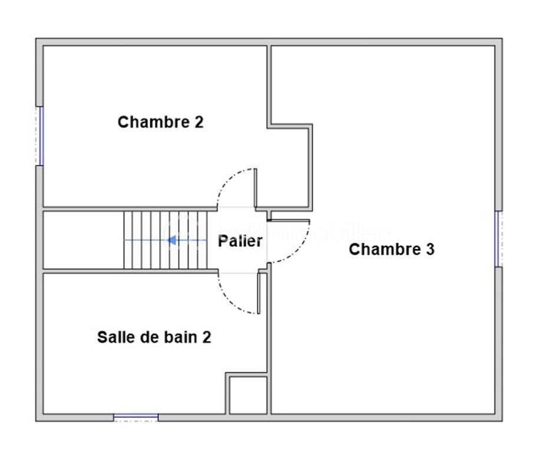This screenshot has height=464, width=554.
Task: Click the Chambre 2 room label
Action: pos(160,122)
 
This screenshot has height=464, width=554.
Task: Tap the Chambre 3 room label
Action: pos(391,249)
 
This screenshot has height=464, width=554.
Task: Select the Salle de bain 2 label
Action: pos(154,337)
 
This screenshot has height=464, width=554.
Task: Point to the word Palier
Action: pos(240,241)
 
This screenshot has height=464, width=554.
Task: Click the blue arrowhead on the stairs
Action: pos(172,240)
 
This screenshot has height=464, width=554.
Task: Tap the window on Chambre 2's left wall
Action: pos(40,136)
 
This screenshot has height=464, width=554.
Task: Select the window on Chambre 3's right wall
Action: pos(498,239)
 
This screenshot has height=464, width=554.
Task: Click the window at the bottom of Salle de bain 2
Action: pos(136,417)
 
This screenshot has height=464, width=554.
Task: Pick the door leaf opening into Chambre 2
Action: pos(256,188)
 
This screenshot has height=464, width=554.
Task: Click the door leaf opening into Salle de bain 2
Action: pos(259,293)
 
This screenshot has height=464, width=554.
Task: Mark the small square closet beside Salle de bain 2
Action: pos(248,395)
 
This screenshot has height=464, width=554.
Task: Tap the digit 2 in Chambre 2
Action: pos(199,122)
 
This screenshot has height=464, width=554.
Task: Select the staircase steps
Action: pos(165,240)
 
